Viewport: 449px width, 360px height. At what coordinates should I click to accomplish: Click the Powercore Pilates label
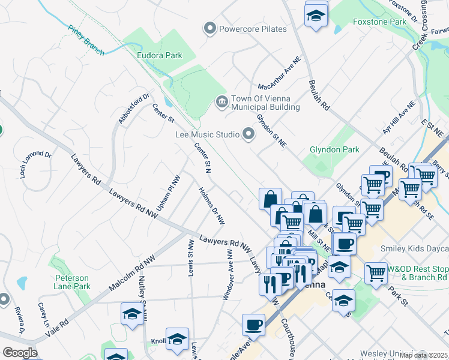tap(253, 29)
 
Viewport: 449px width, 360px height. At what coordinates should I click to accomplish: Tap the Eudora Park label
tap(159, 56)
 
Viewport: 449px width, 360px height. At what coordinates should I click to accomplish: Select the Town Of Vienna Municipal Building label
tap(265, 103)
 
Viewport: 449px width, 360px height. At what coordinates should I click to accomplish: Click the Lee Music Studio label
tap(207, 136)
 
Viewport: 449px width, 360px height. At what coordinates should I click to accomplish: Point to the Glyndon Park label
tap(334, 149)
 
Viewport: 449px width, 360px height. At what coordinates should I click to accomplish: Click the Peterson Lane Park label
tap(72, 282)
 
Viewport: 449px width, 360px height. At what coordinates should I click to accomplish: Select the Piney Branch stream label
tap(86, 40)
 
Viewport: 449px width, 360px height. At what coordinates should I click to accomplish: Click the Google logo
tap(19, 353)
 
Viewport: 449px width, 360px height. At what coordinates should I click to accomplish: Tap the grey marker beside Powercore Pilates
tap(209, 28)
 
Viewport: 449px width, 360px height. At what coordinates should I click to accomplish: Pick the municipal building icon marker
tap(221, 103)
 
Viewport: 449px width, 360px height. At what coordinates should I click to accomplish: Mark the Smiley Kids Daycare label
tap(415, 248)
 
